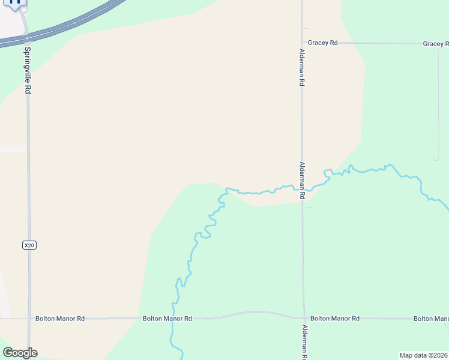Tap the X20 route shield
28,245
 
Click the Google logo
20,353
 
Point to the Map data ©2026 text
424,355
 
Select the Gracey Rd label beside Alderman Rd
323,43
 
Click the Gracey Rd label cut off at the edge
435,44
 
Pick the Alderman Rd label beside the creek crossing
303,181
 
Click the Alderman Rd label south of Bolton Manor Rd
304,342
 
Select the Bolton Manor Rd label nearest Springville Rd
60,319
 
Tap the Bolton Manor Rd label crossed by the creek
167,319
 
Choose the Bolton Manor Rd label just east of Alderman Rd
335,319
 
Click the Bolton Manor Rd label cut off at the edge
431,319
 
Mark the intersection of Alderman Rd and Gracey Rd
302,43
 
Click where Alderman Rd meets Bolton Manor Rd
304,318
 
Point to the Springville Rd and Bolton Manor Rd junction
28,319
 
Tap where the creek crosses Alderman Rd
303,190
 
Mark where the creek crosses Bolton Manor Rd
173,319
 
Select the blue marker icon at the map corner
14,4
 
